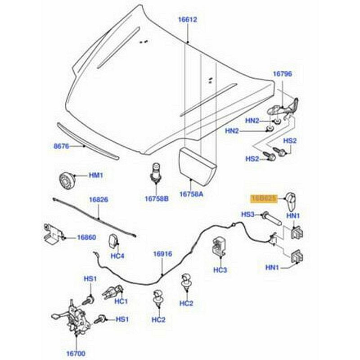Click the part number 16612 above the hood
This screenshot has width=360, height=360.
point(187,20)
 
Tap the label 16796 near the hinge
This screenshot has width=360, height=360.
point(282,74)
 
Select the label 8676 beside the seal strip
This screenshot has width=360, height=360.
point(61,146)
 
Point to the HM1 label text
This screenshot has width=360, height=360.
point(95,175)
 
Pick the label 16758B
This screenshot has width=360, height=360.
point(157,198)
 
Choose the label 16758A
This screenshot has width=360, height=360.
point(191,194)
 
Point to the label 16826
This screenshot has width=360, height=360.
point(98,199)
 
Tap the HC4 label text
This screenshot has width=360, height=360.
point(117,256)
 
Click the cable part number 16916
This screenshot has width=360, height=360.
point(162,254)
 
